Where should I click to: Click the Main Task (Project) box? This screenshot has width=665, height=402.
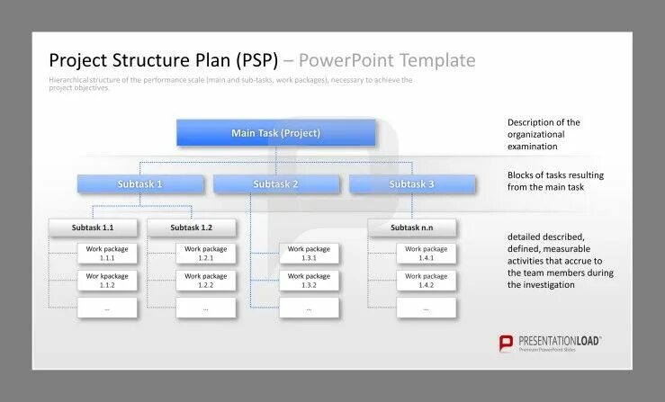(275, 133)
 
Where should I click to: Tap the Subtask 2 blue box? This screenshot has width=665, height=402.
(275, 184)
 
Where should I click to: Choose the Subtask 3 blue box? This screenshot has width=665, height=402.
(411, 184)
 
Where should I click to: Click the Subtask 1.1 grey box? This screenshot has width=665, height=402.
(93, 228)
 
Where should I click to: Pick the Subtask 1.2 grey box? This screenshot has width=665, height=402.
(191, 228)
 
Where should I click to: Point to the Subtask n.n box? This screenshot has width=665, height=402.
(411, 228)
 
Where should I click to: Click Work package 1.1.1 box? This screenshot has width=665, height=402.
(107, 253)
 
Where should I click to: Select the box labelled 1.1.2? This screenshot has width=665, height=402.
(107, 281)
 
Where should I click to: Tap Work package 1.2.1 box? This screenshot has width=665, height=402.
(205, 253)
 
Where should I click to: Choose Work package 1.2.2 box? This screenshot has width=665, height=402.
(205, 281)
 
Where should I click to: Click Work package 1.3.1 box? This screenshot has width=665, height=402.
(309, 253)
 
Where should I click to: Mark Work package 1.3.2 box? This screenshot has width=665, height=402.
(309, 281)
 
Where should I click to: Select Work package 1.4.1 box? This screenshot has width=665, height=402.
(426, 253)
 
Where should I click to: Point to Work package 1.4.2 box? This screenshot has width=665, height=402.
(426, 281)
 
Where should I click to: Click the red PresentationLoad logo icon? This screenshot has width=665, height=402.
(507, 343)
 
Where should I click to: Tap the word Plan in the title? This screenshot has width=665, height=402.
(209, 61)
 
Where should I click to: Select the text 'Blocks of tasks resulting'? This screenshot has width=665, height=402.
(555, 174)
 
